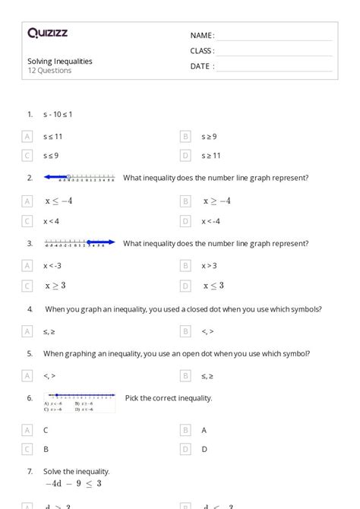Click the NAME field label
(201, 36)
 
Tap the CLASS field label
(202, 51)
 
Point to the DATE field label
(201, 66)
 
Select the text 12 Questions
(49, 71)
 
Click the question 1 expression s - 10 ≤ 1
(58, 114)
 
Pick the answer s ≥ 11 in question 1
(211, 156)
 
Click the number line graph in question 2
(79, 178)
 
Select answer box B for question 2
(185, 201)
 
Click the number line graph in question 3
(79, 243)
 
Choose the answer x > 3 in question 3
(209, 266)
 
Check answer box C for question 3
(27, 286)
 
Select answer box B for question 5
(185, 375)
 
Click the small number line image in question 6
(79, 402)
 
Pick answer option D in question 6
(204, 449)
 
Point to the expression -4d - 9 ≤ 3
(73, 483)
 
